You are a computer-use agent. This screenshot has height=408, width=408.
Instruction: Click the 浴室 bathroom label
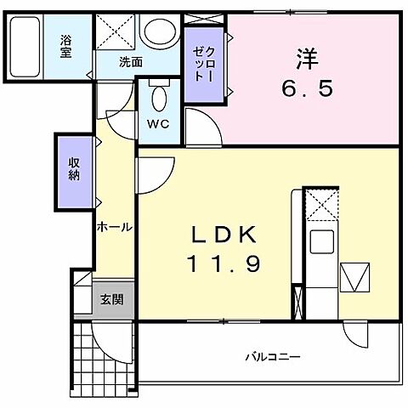coord(65,44)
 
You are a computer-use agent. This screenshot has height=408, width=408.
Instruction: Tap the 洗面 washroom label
coord(130,61)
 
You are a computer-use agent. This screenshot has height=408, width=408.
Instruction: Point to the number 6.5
coord(308,87)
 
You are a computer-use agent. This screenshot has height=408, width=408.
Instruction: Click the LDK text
coord(223,235)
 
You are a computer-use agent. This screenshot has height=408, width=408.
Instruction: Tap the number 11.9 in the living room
coord(223,263)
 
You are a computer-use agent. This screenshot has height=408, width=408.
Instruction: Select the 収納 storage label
coord(75,170)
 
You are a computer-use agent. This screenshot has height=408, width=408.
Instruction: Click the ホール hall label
coord(113,227)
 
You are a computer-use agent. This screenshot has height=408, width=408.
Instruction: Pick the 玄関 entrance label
coord(111,299)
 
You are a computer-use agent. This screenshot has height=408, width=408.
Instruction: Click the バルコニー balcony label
coord(273,356)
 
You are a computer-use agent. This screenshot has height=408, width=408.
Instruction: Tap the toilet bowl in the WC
coord(158,99)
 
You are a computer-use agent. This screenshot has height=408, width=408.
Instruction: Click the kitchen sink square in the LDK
coord(322,242)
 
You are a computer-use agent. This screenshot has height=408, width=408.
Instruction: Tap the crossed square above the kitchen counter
coord(321,204)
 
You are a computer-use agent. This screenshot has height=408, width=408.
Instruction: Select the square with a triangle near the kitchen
coord(354,276)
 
